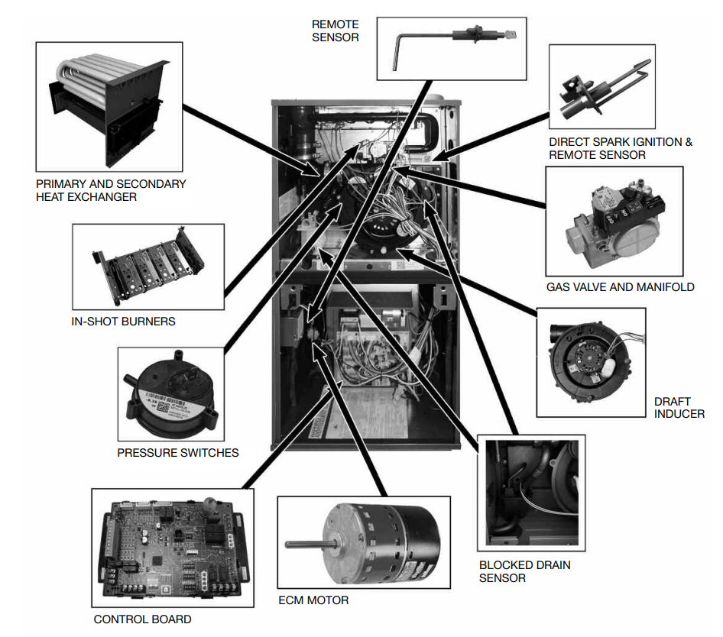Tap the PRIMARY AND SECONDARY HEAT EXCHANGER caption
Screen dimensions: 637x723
pyautogui.click(x=111, y=190)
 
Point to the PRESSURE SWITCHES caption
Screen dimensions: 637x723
pyautogui.click(x=178, y=452)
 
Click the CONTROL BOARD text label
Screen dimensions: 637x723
pyautogui.click(x=143, y=619)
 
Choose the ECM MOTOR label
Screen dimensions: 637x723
pyautogui.click(x=313, y=600)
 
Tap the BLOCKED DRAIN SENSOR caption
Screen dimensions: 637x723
pyautogui.click(x=525, y=571)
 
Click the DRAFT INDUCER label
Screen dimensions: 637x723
pyautogui.click(x=679, y=407)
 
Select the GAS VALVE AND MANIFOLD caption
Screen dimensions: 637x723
pyautogui.click(x=621, y=287)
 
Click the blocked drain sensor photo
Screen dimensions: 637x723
pyautogui.click(x=530, y=493)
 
